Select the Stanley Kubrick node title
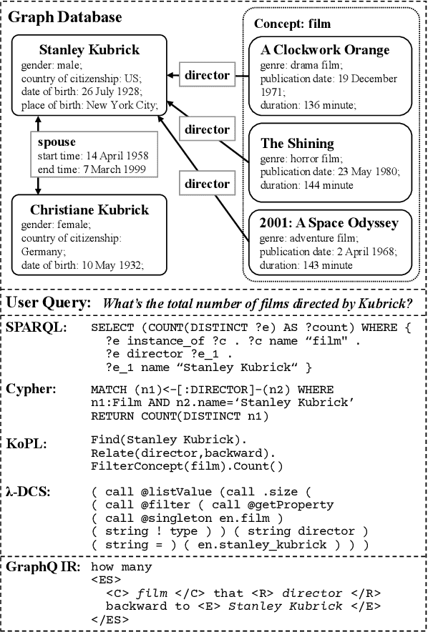89,50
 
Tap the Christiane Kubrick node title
89,209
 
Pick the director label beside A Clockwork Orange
207,74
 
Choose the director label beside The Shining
207,129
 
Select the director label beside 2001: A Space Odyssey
207,184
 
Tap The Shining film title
297,143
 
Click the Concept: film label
287,24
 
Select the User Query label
49,303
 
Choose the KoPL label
27,444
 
